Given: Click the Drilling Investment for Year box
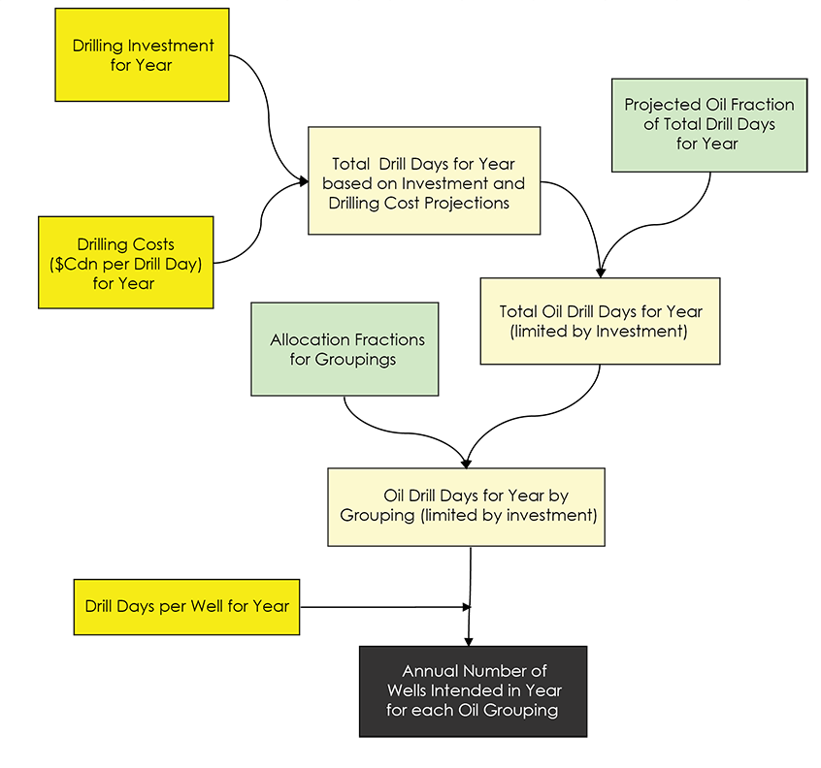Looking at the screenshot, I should [x=142, y=54].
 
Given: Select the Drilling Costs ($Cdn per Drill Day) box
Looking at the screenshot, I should [x=125, y=262].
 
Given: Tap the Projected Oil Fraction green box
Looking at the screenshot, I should [x=708, y=124].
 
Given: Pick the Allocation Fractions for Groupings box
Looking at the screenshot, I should [x=345, y=349].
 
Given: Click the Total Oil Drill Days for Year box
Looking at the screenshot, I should [x=600, y=321].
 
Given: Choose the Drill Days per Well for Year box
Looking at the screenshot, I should [x=186, y=606].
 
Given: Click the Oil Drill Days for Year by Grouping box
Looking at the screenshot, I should [x=466, y=506].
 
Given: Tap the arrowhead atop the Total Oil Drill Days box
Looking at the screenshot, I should [x=601, y=272].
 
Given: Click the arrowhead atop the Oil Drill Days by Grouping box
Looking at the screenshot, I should [x=467, y=462].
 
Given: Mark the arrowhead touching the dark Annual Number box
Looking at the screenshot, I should [x=470, y=640].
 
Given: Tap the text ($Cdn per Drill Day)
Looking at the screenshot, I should [x=125, y=264].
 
